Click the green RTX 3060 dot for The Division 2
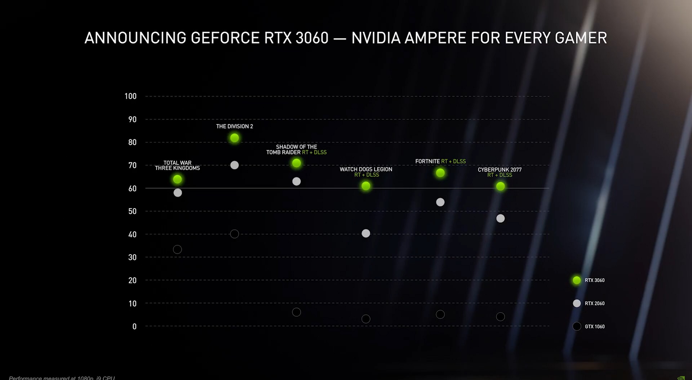[x=234, y=138]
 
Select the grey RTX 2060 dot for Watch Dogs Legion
[x=366, y=233]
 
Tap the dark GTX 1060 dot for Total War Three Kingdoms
[x=177, y=249]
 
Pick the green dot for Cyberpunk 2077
[x=500, y=186]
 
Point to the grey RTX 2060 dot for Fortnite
[x=440, y=202]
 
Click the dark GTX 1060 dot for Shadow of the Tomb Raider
[x=296, y=312]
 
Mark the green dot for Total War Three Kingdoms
[x=177, y=179]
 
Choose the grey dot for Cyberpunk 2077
[x=500, y=218]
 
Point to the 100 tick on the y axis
[x=130, y=96]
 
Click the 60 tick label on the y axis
[x=132, y=188]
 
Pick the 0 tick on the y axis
[x=134, y=326]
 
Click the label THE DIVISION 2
[x=234, y=126]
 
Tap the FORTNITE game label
[x=427, y=161]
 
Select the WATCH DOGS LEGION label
[x=366, y=169]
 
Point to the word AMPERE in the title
[x=435, y=38]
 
